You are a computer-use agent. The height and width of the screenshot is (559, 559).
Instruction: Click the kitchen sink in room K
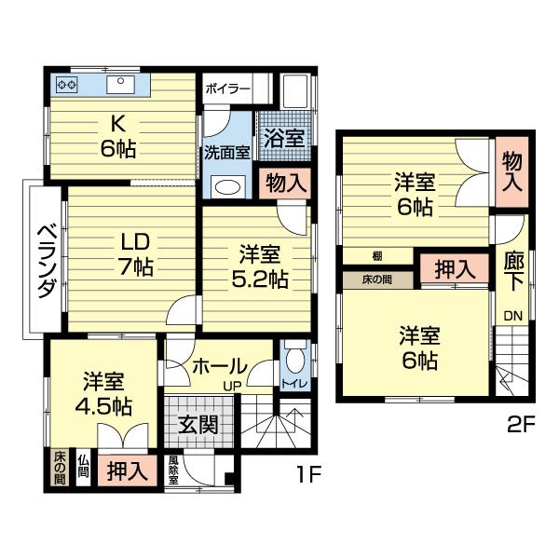tap(123, 85)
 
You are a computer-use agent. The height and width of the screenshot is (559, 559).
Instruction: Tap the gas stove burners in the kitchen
tap(67, 85)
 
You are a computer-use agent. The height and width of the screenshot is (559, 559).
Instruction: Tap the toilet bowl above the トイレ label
tap(294, 359)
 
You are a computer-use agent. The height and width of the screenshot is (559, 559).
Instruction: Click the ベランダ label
tap(44, 260)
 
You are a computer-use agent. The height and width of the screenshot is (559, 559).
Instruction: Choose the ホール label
tap(219, 366)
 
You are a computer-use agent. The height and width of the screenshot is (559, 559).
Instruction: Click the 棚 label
tap(375, 255)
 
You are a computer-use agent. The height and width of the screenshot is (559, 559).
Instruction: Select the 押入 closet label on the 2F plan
tap(453, 269)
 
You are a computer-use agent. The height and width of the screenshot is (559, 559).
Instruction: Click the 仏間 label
tap(83, 466)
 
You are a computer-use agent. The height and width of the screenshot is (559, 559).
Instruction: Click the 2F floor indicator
tap(521, 428)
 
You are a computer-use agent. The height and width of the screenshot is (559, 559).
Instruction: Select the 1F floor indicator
tap(308, 474)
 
